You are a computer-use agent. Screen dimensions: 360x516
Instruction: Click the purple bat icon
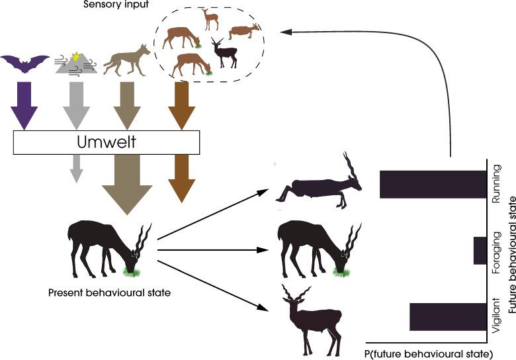25,64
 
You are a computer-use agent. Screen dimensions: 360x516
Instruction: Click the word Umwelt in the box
107,142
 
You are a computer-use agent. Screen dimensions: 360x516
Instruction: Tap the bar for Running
433,184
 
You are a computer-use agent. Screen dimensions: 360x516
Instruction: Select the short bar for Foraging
480,251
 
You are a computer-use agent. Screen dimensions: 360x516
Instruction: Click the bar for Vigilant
448,316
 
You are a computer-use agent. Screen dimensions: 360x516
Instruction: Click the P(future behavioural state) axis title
429,352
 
